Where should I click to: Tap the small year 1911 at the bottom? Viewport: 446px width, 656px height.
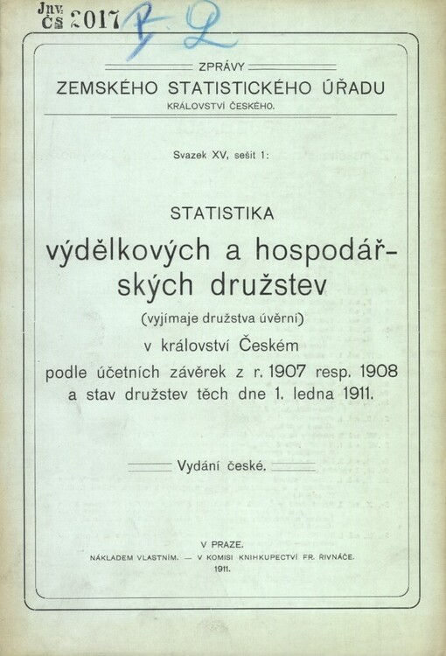pos(222,569)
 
